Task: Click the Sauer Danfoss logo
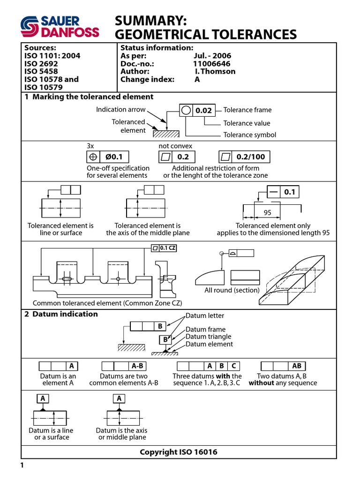point(59,26)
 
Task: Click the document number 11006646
point(212,64)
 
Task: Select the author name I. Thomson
point(215,72)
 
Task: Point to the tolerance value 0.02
point(203,111)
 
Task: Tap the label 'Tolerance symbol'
point(250,135)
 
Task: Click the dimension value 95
point(267,212)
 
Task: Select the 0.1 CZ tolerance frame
point(164,248)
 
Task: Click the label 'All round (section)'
point(232,290)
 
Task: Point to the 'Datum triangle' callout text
point(208,337)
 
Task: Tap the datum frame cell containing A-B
point(137,366)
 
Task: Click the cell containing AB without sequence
point(297,366)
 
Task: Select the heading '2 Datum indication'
point(61,314)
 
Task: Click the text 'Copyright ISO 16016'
point(179,452)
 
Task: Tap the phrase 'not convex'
point(175,146)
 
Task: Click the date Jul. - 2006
point(212,56)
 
